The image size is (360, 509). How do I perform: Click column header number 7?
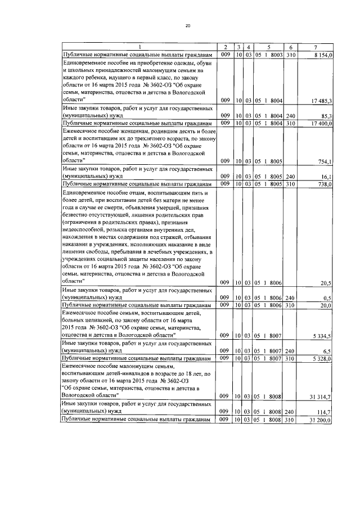pyautogui.click(x=319, y=46)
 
